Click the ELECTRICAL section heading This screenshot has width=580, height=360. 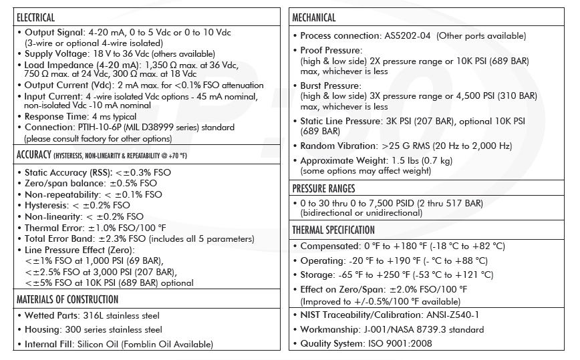[35, 17]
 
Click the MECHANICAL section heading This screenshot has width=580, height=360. [314, 17]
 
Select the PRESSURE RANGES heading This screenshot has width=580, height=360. [323, 188]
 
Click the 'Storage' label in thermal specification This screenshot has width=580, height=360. [317, 275]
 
